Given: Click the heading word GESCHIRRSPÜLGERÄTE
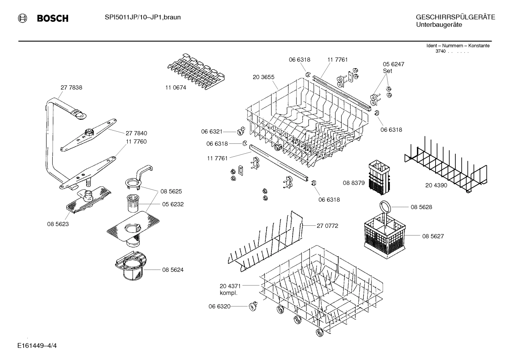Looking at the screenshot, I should point(455,17).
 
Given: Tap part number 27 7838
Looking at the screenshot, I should point(71,88).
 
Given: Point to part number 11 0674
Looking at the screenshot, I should point(175,88).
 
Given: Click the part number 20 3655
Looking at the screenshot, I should point(263,77).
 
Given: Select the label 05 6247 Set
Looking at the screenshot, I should point(393,67).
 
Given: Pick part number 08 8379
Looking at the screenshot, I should point(354,183).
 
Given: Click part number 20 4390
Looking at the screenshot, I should point(436,185).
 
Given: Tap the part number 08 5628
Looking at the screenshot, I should point(421,207).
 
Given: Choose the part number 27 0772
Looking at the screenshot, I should point(327,225).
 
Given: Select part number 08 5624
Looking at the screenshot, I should point(173,270).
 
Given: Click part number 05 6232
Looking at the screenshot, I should point(173,204).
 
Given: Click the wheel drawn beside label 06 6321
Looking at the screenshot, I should point(241,131).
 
